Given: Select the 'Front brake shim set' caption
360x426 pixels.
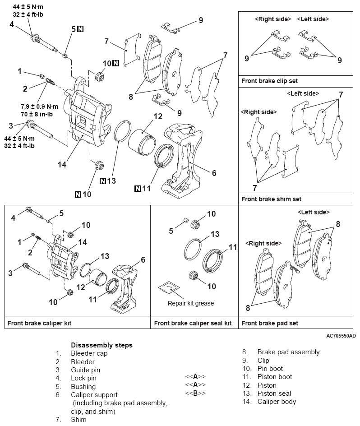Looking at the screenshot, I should pyautogui.click(x=271, y=199).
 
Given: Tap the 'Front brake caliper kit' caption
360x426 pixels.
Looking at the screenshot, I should pyautogui.click(x=39, y=323).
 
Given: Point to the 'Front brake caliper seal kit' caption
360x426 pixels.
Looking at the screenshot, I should pyautogui.click(x=193, y=323).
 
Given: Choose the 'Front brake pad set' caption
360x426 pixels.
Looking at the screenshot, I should pyautogui.click(x=270, y=323).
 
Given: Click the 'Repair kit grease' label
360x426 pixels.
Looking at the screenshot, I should pyautogui.click(x=191, y=303).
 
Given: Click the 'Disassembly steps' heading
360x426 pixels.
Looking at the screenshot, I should pyautogui.click(x=102, y=345).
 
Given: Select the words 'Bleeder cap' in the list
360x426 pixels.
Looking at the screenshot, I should pyautogui.click(x=89, y=353).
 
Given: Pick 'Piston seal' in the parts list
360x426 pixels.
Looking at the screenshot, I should pyautogui.click(x=274, y=394).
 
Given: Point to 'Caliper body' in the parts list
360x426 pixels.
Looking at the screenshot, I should pyautogui.click(x=277, y=402).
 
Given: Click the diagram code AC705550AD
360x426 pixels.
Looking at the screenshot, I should pyautogui.click(x=341, y=336).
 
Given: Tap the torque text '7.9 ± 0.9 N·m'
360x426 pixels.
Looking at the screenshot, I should pyautogui.click(x=40, y=106).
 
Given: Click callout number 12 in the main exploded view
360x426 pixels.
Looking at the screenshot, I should pyautogui.click(x=157, y=116).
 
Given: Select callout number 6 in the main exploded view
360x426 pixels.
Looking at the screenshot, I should pyautogui.click(x=214, y=173).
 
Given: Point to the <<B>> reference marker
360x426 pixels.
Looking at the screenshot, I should pyautogui.click(x=195, y=393).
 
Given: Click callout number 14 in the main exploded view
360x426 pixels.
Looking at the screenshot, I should pyautogui.click(x=61, y=164).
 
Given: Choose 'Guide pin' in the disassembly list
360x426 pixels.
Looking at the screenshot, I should pyautogui.click(x=85, y=370).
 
